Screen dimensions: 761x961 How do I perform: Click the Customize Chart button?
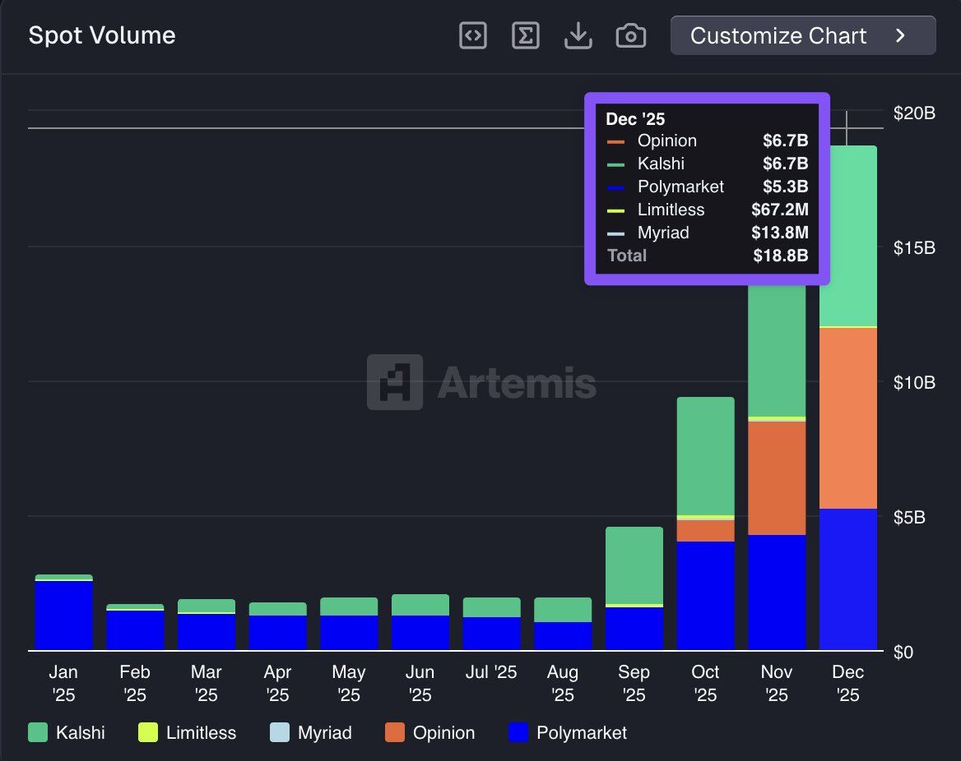point(802,35)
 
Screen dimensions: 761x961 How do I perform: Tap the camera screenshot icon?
point(630,35)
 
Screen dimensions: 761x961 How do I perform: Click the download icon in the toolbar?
point(578,35)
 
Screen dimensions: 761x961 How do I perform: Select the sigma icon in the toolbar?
point(525,35)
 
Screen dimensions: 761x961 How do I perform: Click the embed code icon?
point(472,35)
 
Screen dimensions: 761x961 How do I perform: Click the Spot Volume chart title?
point(101,35)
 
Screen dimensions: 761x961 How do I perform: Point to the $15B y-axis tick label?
point(913,247)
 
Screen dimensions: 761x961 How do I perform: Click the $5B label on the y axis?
point(913,517)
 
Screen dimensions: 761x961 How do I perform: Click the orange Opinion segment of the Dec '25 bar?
point(847,417)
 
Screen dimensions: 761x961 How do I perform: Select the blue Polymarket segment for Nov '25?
point(776,592)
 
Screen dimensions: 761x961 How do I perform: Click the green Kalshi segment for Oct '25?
point(705,456)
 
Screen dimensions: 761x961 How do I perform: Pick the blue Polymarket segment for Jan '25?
point(63,615)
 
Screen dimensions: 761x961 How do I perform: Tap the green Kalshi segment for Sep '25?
point(634,565)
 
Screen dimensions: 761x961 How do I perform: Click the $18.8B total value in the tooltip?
point(780,256)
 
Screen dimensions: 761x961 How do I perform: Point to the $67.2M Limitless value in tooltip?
point(779,210)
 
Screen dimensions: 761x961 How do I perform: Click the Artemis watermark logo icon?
point(395,382)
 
